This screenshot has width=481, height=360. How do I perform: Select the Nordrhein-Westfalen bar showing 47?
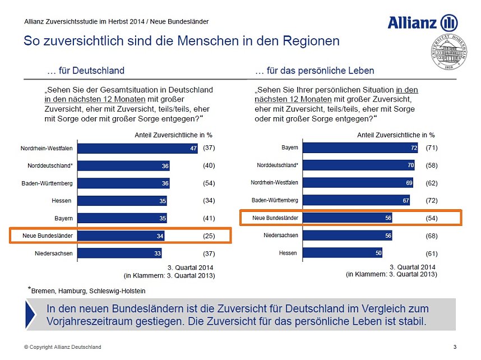coord(137,149)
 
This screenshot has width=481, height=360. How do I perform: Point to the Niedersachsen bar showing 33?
coord(119,253)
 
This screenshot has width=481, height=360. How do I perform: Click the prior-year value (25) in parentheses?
coord(209,236)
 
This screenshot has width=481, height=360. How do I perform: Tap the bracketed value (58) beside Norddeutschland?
coord(431,165)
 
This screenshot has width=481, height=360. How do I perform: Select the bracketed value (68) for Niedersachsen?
coord(431,236)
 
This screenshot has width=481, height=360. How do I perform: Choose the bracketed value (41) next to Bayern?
coord(209,218)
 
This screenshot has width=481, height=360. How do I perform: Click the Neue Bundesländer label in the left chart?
coord(48,236)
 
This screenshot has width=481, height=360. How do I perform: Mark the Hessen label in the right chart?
coord(288,253)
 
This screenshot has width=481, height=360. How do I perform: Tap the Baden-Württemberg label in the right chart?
coord(275,201)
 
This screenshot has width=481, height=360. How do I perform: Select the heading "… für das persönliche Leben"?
coord(314,71)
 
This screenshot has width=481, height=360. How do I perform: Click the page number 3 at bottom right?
coord(454,347)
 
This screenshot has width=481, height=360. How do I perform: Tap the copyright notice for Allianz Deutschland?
coord(62,347)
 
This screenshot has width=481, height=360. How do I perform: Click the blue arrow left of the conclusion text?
coord(33,315)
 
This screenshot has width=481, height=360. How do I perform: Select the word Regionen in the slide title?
coord(304,41)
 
